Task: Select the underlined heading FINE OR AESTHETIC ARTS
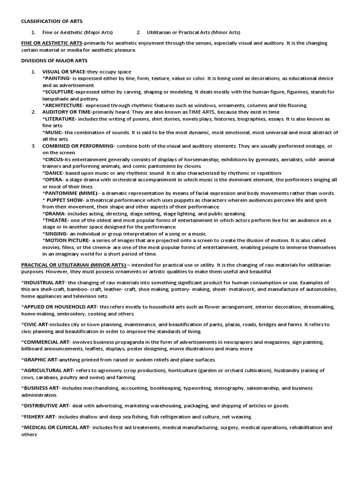52,43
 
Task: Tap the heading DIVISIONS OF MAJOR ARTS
54,61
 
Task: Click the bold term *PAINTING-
57,79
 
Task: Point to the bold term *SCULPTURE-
59,92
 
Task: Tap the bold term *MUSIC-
52,133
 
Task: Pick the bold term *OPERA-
52,180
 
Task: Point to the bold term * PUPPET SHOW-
62,200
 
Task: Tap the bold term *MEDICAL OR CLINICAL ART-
56,427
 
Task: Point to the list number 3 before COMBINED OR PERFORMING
34,146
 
